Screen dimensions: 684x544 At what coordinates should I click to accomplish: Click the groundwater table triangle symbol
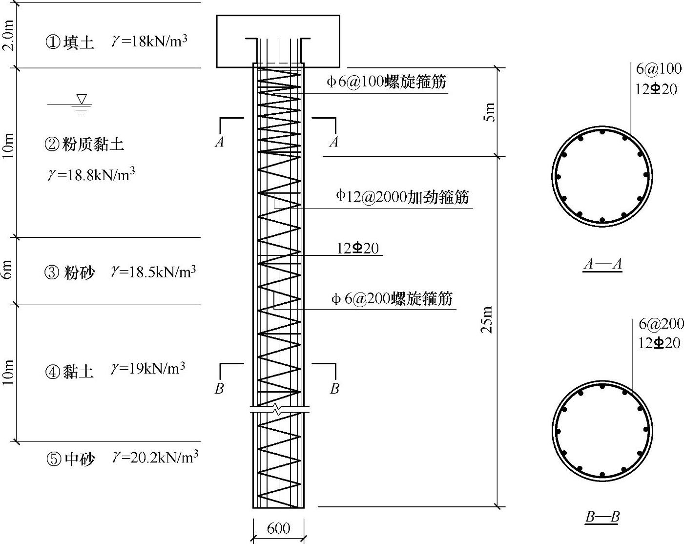(x=82, y=100)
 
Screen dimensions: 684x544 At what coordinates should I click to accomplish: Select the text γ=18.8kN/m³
(x=91, y=174)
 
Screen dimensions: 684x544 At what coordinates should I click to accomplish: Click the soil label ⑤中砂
(x=70, y=459)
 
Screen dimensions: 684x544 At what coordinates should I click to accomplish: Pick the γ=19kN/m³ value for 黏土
(x=148, y=369)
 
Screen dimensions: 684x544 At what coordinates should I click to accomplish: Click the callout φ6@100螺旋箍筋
(x=386, y=82)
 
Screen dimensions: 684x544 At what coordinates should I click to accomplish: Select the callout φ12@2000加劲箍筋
(x=402, y=196)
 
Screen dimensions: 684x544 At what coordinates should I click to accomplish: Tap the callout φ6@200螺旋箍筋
(x=392, y=298)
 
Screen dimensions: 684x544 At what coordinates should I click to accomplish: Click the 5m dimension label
(x=489, y=112)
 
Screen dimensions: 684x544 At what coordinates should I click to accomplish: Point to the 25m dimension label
(x=487, y=320)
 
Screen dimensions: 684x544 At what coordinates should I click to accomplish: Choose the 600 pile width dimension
(x=278, y=528)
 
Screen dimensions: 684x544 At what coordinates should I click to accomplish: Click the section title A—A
(x=602, y=264)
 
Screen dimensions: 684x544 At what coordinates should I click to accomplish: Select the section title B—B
(x=602, y=517)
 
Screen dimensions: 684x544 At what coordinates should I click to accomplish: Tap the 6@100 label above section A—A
(x=658, y=69)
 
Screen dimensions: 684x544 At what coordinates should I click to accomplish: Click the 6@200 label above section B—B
(x=661, y=323)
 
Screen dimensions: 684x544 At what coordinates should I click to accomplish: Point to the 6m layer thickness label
(x=8, y=272)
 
